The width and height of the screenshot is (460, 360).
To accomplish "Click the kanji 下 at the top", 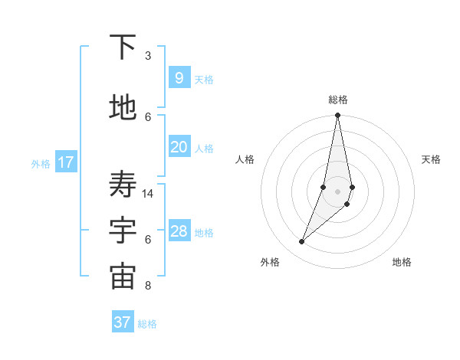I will (x=123, y=47).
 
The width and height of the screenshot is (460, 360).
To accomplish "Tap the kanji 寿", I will (x=123, y=185).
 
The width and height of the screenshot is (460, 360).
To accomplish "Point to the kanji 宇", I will (x=123, y=231).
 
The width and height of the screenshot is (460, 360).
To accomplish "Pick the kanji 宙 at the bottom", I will (x=123, y=277).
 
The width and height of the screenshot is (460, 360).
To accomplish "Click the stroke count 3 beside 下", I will (x=148, y=56).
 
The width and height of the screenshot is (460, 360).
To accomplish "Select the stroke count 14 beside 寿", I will (x=149, y=194).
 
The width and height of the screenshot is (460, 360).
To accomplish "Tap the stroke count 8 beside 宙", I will (x=148, y=286).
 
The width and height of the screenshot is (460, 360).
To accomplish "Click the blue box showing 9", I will (x=179, y=78).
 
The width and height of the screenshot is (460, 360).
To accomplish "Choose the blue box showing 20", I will (x=179, y=147).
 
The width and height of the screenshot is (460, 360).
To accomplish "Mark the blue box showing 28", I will (x=179, y=231).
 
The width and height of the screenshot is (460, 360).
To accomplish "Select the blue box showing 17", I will (x=65, y=162).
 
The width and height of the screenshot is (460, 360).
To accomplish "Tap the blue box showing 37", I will (x=123, y=322).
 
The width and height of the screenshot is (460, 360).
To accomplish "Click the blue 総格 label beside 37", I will (x=147, y=324).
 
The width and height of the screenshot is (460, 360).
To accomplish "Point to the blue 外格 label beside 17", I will (x=41, y=163).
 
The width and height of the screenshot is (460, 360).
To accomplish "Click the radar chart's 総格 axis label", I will (x=338, y=100).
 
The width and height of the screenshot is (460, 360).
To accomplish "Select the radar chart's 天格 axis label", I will (x=431, y=159).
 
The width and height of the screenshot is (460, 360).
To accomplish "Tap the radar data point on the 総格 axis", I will (x=338, y=116).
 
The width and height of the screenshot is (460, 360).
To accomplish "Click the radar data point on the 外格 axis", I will (x=302, y=242).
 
